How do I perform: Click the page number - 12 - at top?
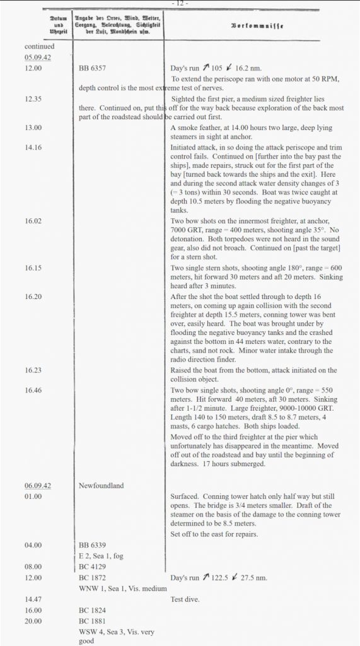point(180,4)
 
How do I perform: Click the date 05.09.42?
point(37,57)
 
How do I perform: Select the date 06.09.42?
point(37,486)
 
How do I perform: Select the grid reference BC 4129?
point(92,566)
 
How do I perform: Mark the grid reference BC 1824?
point(92,610)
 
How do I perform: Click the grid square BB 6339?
point(93,544)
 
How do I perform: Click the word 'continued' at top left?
point(40,46)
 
